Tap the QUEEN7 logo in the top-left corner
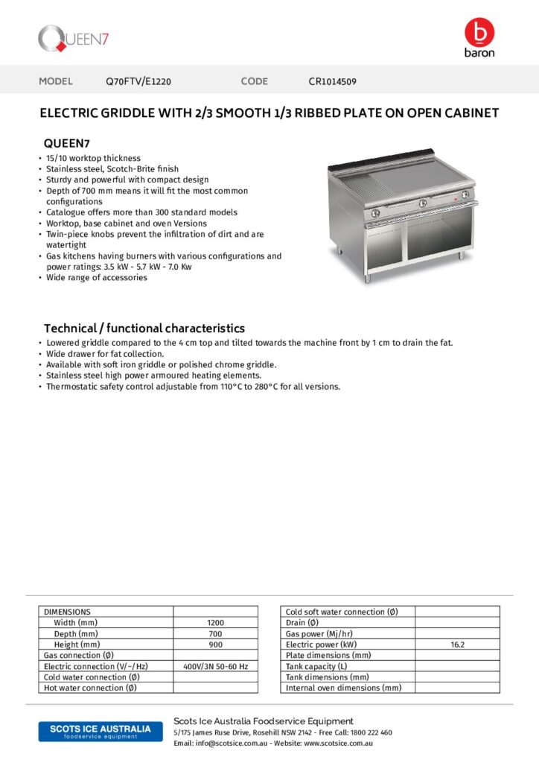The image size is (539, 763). tap(74, 38)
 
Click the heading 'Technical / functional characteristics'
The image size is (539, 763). tap(144, 328)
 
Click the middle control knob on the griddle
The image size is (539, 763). tap(423, 203)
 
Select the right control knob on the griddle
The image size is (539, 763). tap(465, 196)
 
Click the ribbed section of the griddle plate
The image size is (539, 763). tap(353, 187)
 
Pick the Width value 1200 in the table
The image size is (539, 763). tap(215, 622)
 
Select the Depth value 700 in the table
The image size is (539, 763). tap(215, 633)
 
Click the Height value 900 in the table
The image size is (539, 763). tap(215, 644)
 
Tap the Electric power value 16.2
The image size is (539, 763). tap(457, 645)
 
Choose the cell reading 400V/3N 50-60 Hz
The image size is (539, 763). tap(215, 666)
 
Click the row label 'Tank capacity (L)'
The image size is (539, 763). tap(316, 666)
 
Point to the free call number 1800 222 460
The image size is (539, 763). tap(370, 732)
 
